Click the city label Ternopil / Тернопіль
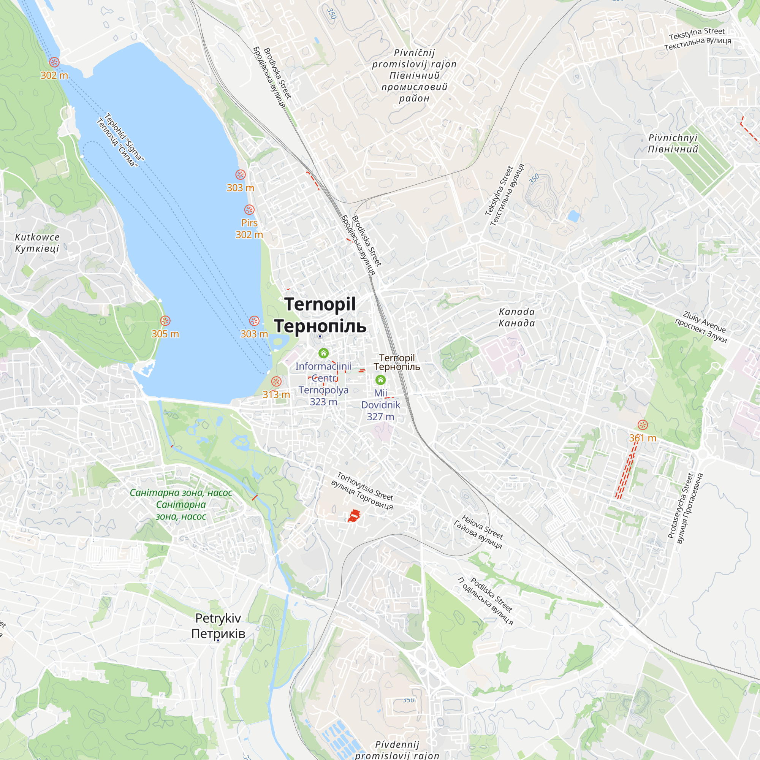click(x=320, y=315)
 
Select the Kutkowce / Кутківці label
click(x=37, y=243)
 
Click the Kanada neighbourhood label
click(x=516, y=317)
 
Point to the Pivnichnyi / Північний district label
click(x=673, y=144)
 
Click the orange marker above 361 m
click(x=642, y=425)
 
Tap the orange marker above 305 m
click(x=165, y=321)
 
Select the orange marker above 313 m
click(x=276, y=381)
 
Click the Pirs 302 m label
click(x=249, y=228)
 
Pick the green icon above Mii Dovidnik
click(x=380, y=380)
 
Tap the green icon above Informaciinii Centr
click(x=323, y=353)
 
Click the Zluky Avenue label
click(x=701, y=327)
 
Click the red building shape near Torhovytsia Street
click(x=354, y=515)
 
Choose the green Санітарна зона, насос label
click(x=181, y=504)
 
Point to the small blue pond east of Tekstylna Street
click(x=573, y=215)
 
